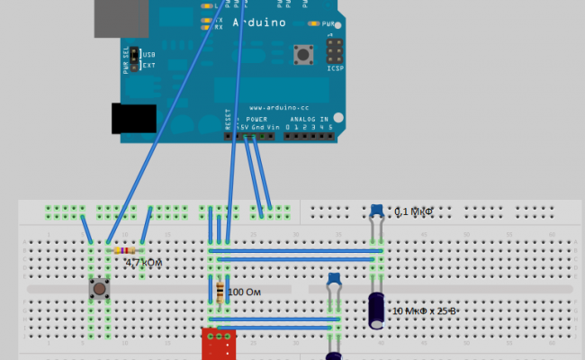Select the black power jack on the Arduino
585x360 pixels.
pyautogui.click(x=133, y=120)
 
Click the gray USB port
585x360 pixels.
pyautogui.click(x=121, y=18)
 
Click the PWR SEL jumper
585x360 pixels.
pyautogui.click(x=134, y=59)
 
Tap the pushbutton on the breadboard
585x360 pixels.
pyautogui.click(x=99, y=290)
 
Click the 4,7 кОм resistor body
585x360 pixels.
pyautogui.click(x=124, y=250)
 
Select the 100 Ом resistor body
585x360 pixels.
pyautogui.click(x=220, y=292)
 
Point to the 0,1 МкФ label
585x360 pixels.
pyautogui.click(x=415, y=211)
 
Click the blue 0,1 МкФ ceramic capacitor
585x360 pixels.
pyautogui.click(x=376, y=211)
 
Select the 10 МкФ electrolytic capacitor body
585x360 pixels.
pyautogui.click(x=377, y=309)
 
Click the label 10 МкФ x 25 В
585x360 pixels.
pyautogui.click(x=425, y=310)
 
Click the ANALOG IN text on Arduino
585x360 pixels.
pyautogui.click(x=310, y=119)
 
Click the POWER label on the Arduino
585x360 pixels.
pyautogui.click(x=256, y=119)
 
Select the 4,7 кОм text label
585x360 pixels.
pyautogui.click(x=143, y=263)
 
